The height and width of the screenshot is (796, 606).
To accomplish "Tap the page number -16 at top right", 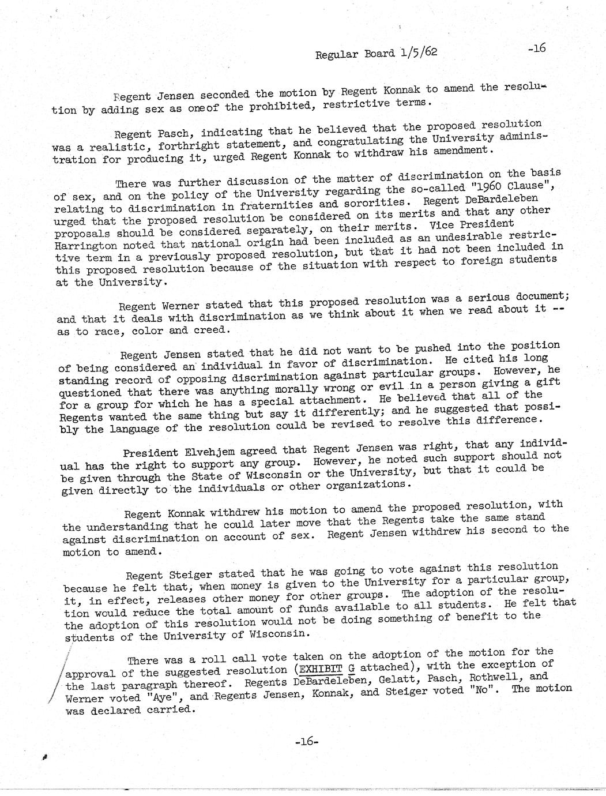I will (x=536, y=48).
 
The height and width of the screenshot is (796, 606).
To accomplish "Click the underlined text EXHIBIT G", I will (x=324, y=670).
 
